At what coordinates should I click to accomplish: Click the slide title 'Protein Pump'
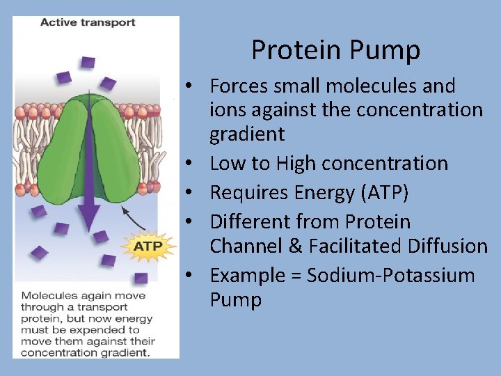(335, 50)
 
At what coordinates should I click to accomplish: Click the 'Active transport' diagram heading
(88, 22)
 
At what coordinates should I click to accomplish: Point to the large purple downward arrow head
(89, 219)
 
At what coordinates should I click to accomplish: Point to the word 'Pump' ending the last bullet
(235, 300)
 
